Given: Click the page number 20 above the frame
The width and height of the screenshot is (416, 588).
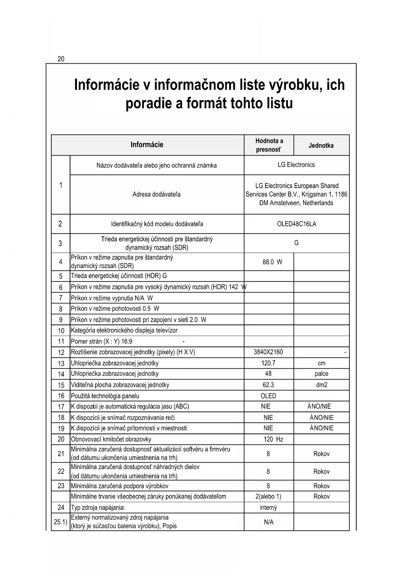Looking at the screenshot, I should [61, 59].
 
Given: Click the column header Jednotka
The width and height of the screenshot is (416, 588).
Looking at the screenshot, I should [321, 145].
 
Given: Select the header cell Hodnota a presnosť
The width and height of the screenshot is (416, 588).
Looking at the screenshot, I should [269, 145].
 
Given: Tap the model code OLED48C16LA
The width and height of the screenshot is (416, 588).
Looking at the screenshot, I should [296, 224].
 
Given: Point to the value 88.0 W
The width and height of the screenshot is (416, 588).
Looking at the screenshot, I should [272, 262].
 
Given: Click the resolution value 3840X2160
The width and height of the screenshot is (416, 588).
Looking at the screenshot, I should [268, 352].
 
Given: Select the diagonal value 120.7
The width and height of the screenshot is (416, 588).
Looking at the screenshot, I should [268, 363].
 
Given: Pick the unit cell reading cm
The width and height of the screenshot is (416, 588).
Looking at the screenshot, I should [321, 363].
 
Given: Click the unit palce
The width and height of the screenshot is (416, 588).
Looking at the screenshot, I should [321, 374].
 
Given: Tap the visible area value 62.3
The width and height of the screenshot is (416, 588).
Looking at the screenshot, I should [268, 385].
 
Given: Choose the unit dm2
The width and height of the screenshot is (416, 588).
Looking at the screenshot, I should [321, 385].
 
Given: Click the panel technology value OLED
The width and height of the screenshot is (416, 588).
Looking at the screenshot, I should [268, 396].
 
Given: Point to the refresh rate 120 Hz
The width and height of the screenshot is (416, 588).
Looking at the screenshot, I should [273, 439].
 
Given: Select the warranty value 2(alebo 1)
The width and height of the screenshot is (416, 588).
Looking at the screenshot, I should [268, 496].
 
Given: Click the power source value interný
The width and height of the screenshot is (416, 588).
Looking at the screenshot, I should [268, 508].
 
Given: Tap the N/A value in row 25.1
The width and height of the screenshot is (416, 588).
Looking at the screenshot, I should [269, 522].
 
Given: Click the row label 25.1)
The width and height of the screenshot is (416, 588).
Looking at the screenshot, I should [61, 522].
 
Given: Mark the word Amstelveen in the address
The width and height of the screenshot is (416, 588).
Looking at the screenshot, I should [285, 203].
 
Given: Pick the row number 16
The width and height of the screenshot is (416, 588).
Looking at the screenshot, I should [61, 396].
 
